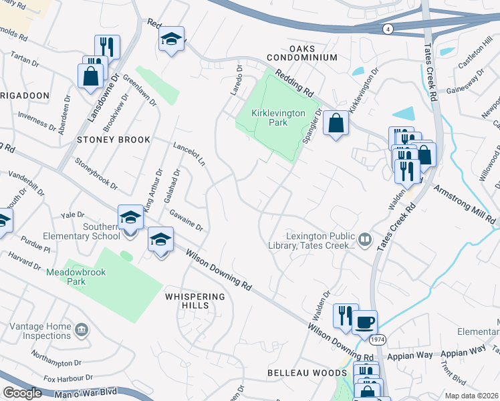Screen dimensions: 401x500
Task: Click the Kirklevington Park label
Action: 269,118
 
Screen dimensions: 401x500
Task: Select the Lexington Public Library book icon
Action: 365,239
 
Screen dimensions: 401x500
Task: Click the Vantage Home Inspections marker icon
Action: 81,329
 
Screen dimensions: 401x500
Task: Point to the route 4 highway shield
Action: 388,29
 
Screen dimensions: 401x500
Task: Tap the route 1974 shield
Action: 376,340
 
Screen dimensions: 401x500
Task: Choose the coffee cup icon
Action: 365,322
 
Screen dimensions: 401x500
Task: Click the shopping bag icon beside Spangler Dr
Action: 337,123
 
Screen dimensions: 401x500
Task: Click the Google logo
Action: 21,392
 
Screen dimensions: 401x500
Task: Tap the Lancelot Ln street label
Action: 189,154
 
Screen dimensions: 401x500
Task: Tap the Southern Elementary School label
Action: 101,231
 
